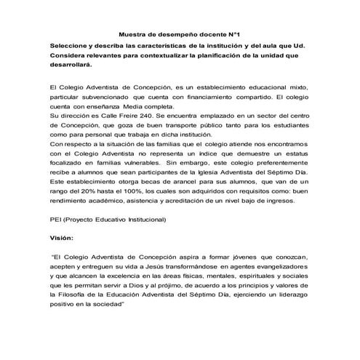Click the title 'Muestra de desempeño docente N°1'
180,34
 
